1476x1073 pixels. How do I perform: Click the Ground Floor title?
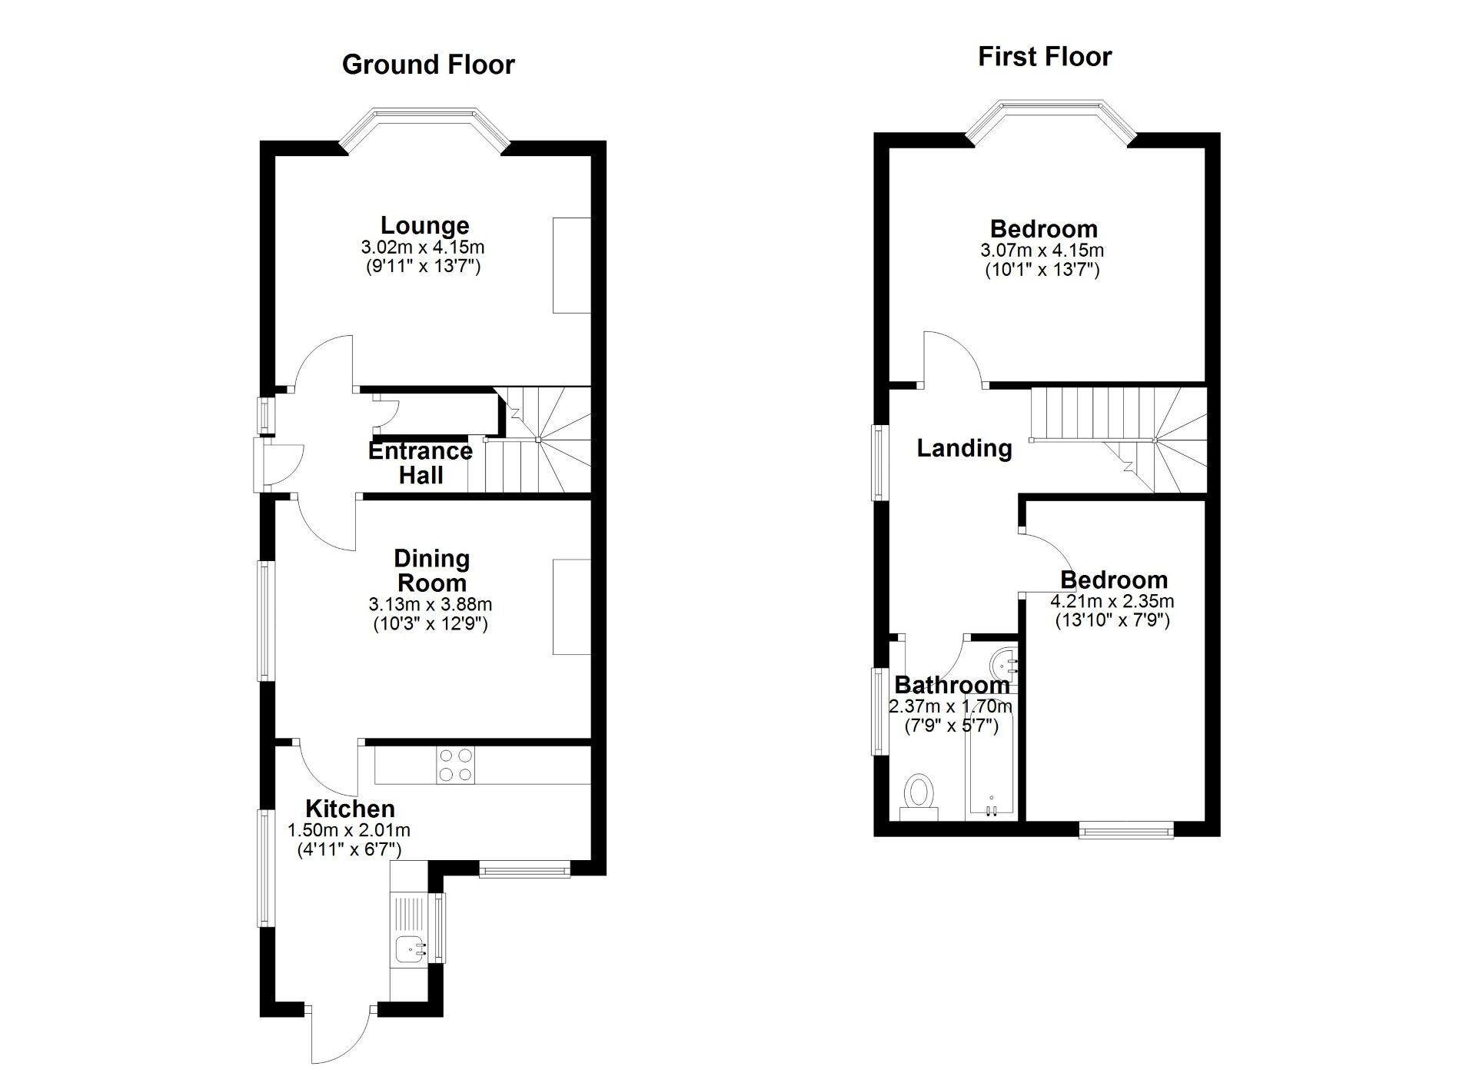[x=428, y=65]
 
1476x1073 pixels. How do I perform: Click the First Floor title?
[x=1045, y=57]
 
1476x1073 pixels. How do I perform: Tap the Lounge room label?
[x=425, y=225]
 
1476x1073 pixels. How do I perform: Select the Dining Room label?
[x=431, y=570]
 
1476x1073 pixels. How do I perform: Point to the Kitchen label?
[x=350, y=809]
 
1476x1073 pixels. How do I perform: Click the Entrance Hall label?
[x=420, y=463]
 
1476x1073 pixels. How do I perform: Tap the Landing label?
[x=964, y=448]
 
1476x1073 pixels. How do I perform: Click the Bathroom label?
[x=952, y=684]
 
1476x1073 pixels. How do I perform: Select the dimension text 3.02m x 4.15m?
[x=423, y=247]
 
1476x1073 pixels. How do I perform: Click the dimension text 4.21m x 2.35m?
[x=1112, y=601]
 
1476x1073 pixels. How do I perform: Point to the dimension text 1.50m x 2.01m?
[x=348, y=830]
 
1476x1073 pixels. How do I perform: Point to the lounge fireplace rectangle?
[x=571, y=265]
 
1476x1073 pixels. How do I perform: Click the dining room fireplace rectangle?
[x=571, y=606]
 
